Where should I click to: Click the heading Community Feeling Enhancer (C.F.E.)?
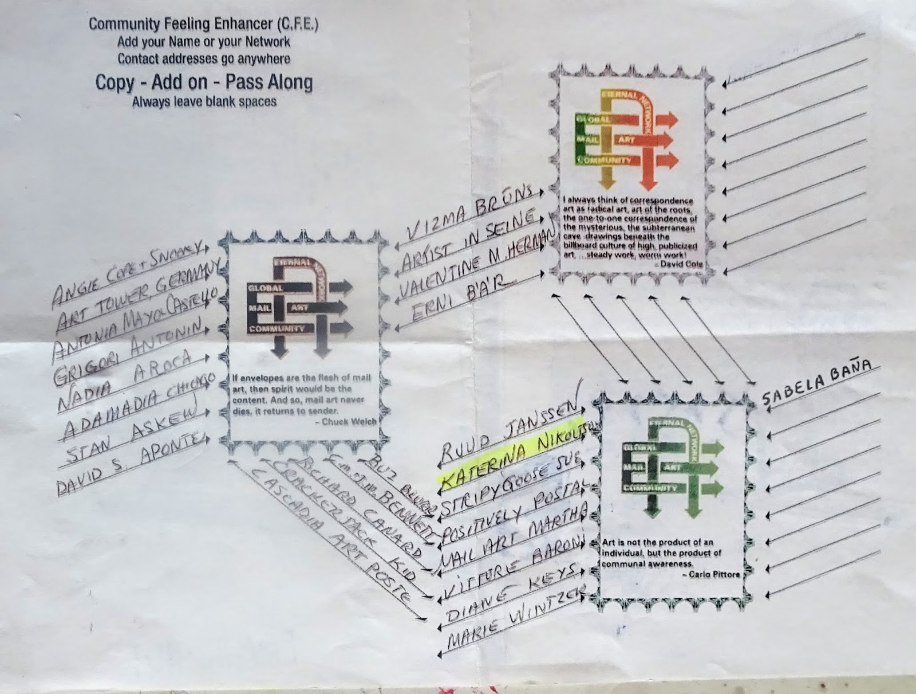pos(203,25)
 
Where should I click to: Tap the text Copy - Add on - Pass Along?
pos(204,83)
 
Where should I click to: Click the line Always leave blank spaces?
pos(204,103)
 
